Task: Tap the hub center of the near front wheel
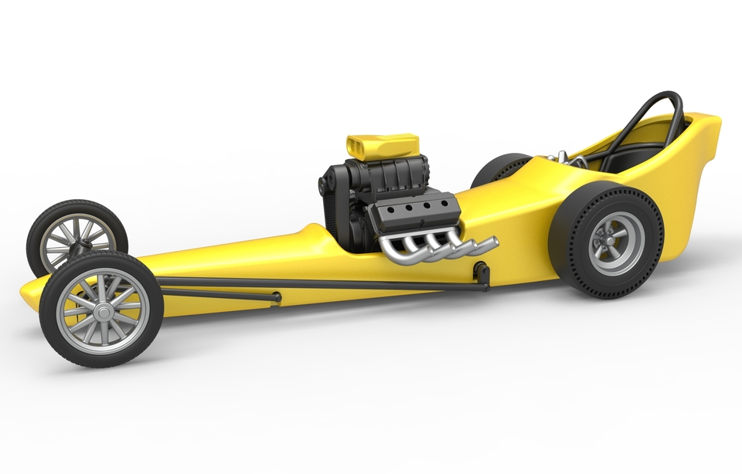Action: point(102,310)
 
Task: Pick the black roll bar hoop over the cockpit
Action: point(649,116)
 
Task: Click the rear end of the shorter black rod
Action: point(275,296)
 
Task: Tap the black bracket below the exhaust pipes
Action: point(482,272)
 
